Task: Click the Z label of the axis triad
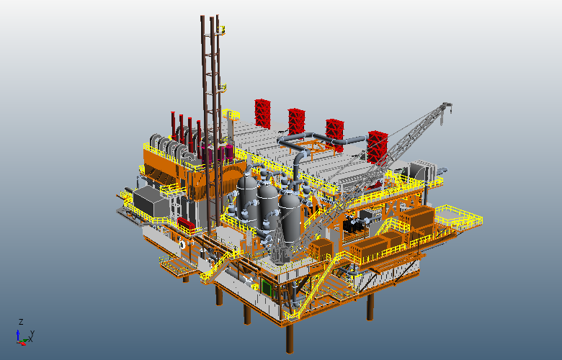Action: (21, 321)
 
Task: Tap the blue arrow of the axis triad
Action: (18, 336)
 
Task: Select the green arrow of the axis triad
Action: (24, 340)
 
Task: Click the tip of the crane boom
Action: (447, 105)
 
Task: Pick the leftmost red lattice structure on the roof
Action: (262, 114)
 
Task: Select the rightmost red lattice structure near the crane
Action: (378, 147)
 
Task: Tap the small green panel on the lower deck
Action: (267, 287)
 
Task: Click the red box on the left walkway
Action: (186, 223)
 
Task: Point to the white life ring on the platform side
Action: (182, 244)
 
